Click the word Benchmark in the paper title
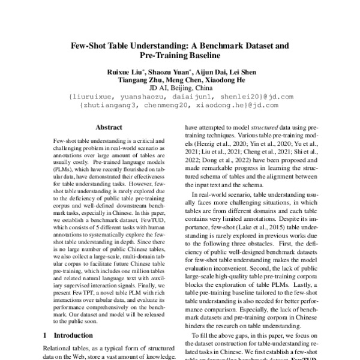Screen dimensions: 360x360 coord(230,45)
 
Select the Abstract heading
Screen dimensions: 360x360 coord(108,127)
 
